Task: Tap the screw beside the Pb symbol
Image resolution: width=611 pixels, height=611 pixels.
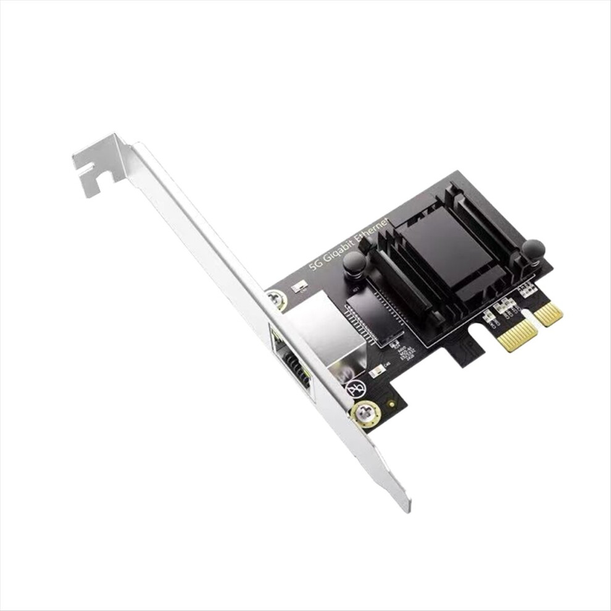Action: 365,414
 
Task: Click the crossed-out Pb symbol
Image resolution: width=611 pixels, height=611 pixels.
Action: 356,389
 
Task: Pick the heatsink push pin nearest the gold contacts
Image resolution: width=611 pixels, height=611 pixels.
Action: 533,249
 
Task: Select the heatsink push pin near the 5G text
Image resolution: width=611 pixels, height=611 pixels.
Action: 354,264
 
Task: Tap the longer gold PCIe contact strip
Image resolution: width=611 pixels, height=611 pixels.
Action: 517,335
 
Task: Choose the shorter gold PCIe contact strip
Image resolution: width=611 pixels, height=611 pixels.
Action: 549,314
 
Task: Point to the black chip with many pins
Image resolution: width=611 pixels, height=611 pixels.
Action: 370,315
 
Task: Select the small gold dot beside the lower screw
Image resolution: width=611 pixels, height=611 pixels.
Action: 391,404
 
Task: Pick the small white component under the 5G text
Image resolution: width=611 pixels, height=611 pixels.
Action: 301,286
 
